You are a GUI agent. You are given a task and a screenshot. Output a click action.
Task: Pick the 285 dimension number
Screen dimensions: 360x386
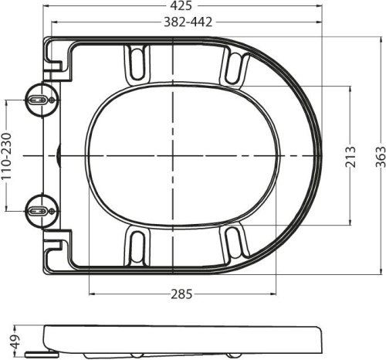[182, 294]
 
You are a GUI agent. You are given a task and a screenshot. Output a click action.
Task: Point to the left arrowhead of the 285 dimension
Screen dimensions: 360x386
[93, 294]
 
